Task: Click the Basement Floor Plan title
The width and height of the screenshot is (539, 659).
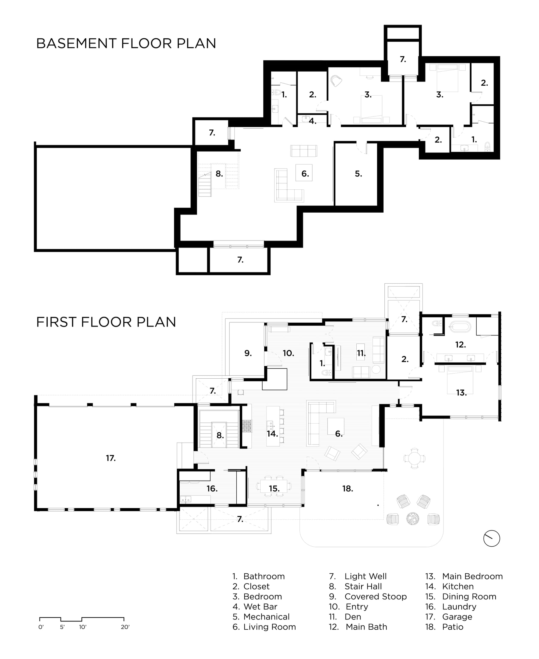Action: click(126, 43)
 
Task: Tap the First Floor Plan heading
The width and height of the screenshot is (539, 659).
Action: click(106, 322)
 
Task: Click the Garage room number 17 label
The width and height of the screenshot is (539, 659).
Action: click(111, 458)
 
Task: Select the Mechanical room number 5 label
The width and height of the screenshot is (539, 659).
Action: click(359, 174)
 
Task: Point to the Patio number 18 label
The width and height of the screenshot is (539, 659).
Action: click(348, 489)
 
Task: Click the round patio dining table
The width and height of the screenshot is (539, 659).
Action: click(414, 458)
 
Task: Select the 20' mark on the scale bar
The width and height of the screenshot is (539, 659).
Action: click(125, 627)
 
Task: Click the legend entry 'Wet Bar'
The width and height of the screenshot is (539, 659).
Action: click(260, 607)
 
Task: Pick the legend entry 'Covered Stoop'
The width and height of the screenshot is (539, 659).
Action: click(376, 597)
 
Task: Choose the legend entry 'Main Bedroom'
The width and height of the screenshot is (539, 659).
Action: click(472, 576)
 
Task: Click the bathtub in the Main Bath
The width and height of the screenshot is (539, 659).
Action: click(460, 327)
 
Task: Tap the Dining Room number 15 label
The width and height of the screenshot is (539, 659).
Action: click(275, 489)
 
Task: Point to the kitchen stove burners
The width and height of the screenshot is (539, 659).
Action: click(247, 426)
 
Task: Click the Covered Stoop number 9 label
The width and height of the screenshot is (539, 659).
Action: click(248, 353)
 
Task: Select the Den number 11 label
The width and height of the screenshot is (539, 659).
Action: click(361, 353)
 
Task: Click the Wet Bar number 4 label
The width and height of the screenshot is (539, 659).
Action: click(313, 121)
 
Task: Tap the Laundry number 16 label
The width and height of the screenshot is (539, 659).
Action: click(212, 489)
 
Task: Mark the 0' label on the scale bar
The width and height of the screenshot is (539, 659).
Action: click(41, 627)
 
